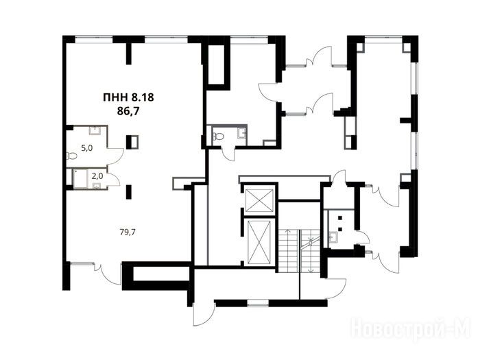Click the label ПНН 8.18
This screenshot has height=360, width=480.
click(128, 97)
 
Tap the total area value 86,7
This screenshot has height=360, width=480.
click(128, 111)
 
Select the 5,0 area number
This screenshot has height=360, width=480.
click(86, 148)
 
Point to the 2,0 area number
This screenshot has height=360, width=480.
click(98, 176)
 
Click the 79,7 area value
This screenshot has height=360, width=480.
click(128, 232)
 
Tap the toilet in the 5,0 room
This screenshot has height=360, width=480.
click(71, 156)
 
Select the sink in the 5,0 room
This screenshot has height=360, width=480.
click(95, 131)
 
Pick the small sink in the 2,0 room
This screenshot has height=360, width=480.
click(97, 186)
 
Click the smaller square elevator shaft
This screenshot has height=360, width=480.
click(260, 200)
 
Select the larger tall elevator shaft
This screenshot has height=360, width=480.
click(259, 242)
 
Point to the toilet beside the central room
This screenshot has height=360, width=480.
click(219, 136)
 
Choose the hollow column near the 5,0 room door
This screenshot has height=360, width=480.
click(133, 142)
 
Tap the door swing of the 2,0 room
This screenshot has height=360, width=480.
click(113, 177)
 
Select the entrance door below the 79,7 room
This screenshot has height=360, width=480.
click(110, 274)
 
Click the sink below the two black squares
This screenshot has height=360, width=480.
click(333, 237)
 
